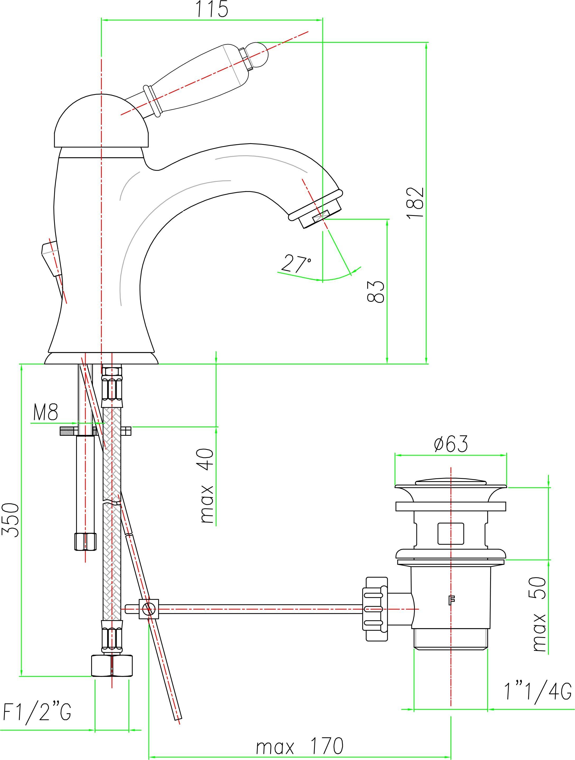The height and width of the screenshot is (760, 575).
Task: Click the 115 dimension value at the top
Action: (x=212, y=9)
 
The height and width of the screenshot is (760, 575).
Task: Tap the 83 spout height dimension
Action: (x=376, y=292)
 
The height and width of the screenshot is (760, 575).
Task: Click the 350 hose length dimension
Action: (x=11, y=520)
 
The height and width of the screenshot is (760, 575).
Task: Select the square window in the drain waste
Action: (x=450, y=534)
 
